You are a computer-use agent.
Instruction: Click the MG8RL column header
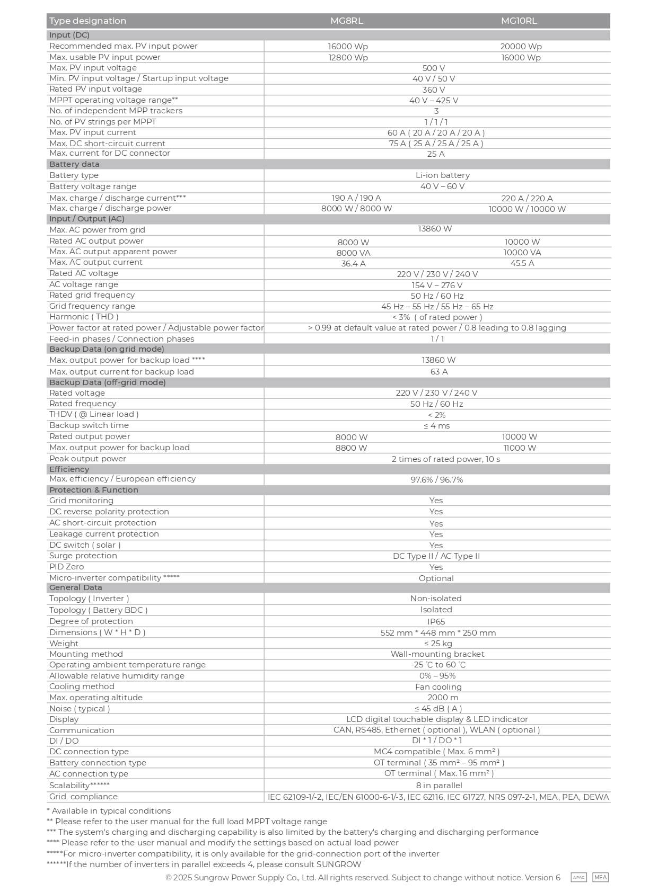(347, 21)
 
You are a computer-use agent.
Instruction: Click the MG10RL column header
(519, 21)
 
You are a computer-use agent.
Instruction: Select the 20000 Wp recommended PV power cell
(521, 47)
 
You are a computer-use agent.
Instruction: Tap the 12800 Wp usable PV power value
(348, 58)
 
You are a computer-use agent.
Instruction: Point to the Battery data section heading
(74, 164)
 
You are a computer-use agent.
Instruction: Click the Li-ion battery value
(442, 175)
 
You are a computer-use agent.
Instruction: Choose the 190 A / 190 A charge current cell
(356, 198)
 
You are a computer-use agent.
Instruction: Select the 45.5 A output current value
(522, 263)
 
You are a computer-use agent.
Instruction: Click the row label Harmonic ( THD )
(84, 317)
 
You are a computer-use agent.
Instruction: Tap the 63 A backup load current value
(438, 372)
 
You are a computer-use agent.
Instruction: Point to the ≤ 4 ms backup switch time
(436, 426)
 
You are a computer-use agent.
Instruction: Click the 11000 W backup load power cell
(520, 448)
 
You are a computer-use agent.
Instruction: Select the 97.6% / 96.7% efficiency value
(436, 480)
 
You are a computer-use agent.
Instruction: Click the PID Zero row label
(66, 567)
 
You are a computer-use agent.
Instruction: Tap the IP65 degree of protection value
(436, 622)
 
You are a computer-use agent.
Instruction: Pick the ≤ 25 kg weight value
(437, 644)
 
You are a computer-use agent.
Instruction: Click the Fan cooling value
(438, 687)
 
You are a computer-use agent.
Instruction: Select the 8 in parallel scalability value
(438, 786)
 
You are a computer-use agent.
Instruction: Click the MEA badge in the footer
(600, 878)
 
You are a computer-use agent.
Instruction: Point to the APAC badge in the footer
(578, 878)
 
